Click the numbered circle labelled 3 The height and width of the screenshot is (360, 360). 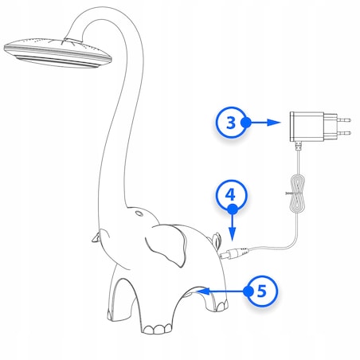(x=231, y=123)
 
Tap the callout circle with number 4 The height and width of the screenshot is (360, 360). (x=230, y=194)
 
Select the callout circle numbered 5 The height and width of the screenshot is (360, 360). (x=261, y=291)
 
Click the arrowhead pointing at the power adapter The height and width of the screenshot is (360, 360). (x=274, y=123)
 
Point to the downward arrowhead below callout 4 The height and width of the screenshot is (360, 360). (x=233, y=234)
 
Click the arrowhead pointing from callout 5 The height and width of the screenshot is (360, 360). (x=204, y=292)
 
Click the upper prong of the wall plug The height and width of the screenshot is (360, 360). (x=343, y=120)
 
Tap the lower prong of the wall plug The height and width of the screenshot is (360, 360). (x=343, y=133)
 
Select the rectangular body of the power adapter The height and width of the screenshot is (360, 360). (x=307, y=127)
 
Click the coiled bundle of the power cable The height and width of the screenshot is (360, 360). (x=298, y=194)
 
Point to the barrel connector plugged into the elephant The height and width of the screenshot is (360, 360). (x=233, y=252)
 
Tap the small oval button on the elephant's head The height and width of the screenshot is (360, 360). (x=139, y=213)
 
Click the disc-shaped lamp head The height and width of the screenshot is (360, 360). (x=57, y=53)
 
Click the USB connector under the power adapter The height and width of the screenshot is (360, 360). (x=299, y=146)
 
